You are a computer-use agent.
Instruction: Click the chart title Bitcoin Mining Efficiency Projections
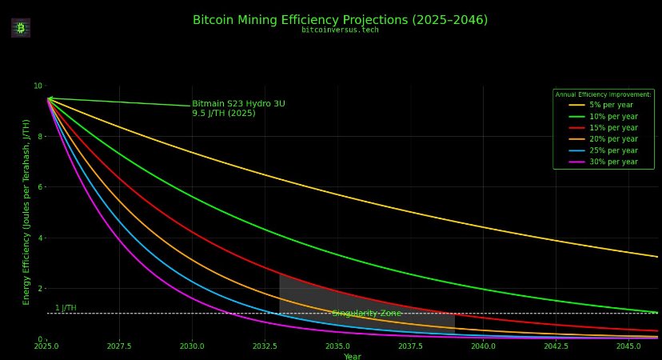pos(340,20)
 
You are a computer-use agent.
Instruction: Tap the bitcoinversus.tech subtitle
pos(340,30)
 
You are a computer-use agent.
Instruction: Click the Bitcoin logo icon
pos(21,28)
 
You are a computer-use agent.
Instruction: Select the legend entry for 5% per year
pos(612,105)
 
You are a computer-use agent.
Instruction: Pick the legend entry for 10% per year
pos(613,116)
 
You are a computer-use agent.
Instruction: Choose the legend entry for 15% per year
pos(613,128)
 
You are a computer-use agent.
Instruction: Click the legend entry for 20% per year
pos(613,139)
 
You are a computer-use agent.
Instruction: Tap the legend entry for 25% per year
pos(613,150)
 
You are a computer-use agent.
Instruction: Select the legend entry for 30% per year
pos(613,162)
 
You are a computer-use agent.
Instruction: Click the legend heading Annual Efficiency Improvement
pos(604,94)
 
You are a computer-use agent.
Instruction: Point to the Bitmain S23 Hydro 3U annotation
pos(238,108)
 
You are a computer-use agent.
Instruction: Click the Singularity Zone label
pos(366,314)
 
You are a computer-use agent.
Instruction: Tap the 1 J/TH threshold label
pos(66,308)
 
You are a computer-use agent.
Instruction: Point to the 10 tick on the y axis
pos(38,86)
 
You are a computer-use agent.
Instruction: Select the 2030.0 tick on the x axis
pos(192,346)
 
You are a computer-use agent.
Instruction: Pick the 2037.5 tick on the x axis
pos(410,346)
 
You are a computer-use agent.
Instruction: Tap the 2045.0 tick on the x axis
pos(628,346)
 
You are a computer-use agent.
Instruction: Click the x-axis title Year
pos(353,357)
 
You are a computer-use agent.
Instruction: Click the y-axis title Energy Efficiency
pos(26,211)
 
